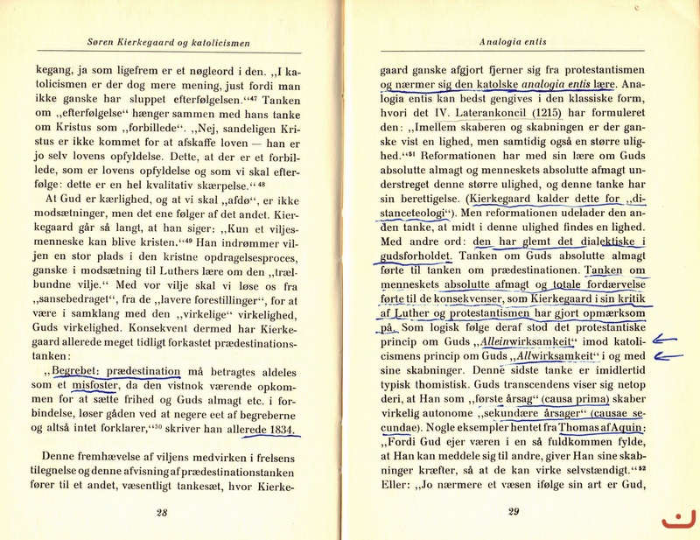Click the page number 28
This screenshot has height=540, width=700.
pyautogui.click(x=161, y=514)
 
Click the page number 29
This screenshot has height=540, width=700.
pyautogui.click(x=514, y=514)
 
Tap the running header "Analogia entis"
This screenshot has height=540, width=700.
pyautogui.click(x=514, y=40)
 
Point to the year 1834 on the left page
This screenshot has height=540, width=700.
pyautogui.click(x=276, y=430)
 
